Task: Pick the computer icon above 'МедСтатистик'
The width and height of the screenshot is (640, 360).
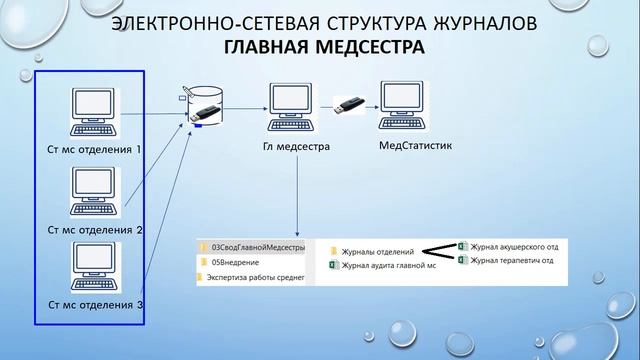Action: pyautogui.click(x=406, y=108)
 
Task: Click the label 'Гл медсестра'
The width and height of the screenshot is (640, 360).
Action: pyautogui.click(x=296, y=147)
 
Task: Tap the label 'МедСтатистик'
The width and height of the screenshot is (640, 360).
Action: pyautogui.click(x=415, y=146)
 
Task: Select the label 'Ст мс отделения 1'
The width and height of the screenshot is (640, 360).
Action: pyautogui.click(x=96, y=150)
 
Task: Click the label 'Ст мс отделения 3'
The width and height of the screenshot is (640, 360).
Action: pyautogui.click(x=96, y=305)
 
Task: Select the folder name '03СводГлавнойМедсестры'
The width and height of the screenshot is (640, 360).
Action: pyautogui.click(x=257, y=246)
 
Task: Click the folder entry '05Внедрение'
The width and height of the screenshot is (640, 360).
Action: pyautogui.click(x=234, y=262)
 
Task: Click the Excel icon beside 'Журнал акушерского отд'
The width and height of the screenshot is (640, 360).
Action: pyautogui.click(x=462, y=246)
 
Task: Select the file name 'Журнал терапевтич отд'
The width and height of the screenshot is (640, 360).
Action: pyautogui.click(x=513, y=260)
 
